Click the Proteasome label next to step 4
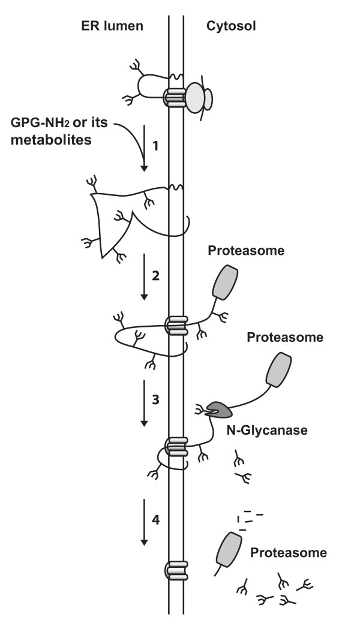[x=289, y=552]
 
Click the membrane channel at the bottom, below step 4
[x=175, y=568]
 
